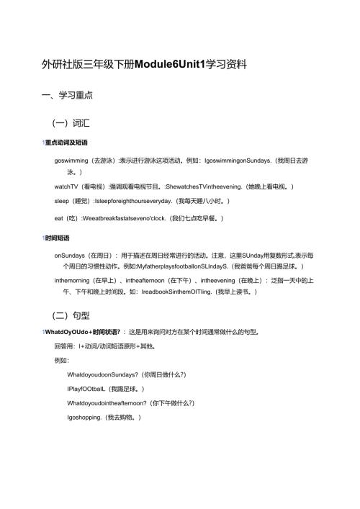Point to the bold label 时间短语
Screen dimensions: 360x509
62,238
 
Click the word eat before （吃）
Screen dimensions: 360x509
59,217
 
